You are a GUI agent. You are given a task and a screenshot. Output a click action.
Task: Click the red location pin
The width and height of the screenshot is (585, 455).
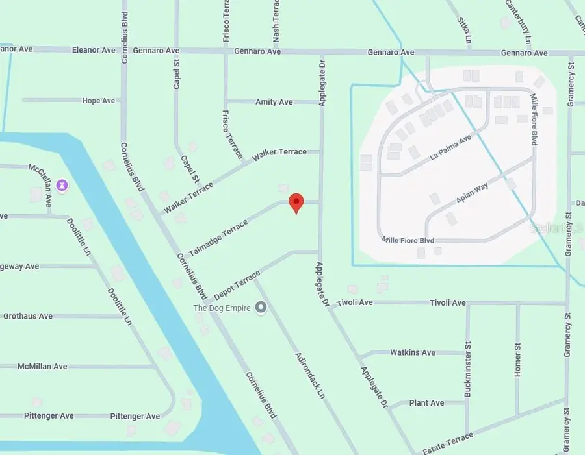[296, 202]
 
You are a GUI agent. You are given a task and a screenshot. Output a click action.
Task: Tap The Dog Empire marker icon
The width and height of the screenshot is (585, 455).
[261, 307]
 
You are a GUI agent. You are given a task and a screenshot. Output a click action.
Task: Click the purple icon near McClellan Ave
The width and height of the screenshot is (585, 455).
[62, 186]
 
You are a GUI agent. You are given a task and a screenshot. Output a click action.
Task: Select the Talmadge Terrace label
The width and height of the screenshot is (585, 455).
[218, 238]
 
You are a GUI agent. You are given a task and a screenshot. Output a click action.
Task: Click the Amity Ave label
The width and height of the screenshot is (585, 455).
[274, 102]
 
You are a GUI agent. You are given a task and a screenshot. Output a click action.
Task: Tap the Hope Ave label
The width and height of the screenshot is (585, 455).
[99, 101]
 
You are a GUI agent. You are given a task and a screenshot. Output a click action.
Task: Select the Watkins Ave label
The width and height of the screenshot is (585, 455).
[413, 352]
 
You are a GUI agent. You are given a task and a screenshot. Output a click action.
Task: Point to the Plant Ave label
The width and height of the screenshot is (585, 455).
[427, 403]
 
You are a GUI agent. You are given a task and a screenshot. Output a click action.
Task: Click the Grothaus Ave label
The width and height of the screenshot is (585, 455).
[28, 316]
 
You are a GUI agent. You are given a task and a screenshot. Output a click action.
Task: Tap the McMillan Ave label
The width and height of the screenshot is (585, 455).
[42, 367]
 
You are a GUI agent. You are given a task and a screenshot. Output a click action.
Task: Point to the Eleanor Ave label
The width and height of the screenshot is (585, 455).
[94, 50]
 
